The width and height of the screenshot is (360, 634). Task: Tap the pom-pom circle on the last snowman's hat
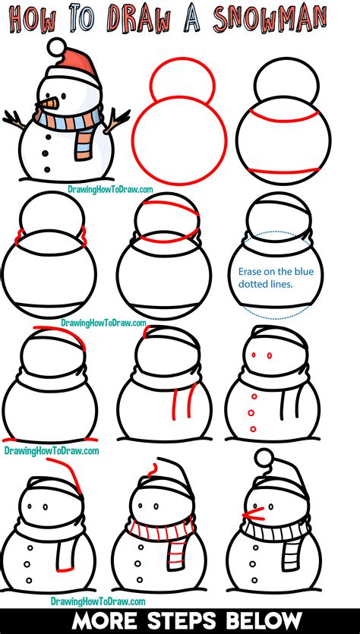pos(264,458)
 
